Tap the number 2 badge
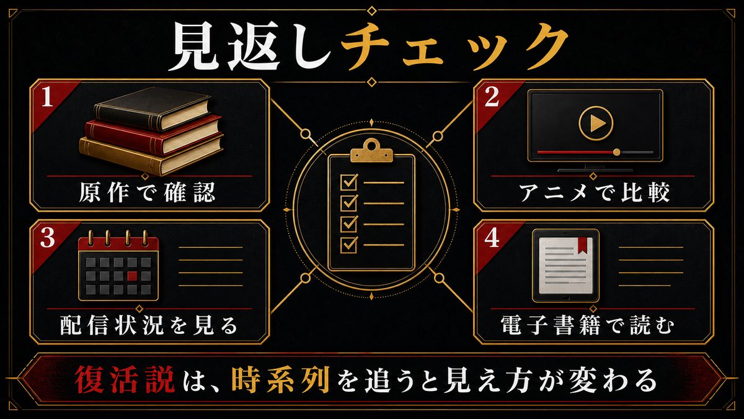492,97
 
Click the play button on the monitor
596,124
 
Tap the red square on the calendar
132,276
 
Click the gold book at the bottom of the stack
151,155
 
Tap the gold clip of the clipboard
371,151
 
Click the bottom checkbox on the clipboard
348,245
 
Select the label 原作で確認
148,192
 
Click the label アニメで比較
594,192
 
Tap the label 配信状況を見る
149,325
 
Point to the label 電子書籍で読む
587,325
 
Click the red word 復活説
125,380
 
